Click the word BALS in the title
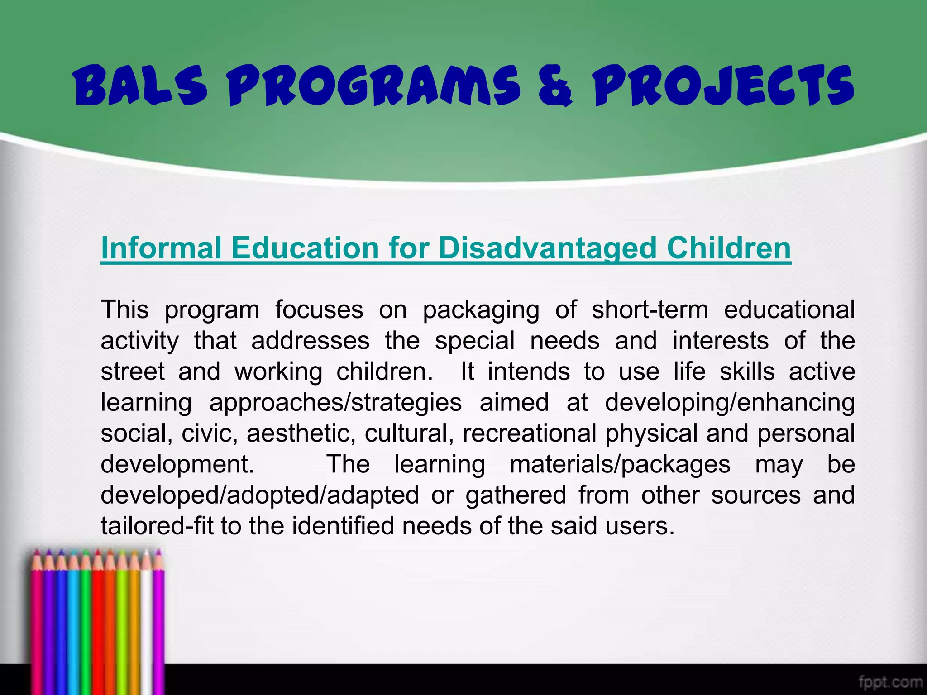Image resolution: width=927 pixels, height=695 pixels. (x=140, y=86)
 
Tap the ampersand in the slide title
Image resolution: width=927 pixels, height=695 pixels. (x=555, y=86)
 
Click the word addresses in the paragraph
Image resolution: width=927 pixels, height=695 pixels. (x=311, y=340)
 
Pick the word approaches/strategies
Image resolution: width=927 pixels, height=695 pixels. (x=335, y=403)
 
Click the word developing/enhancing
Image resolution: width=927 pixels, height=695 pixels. (x=730, y=403)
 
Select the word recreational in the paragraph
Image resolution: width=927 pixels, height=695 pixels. (x=529, y=433)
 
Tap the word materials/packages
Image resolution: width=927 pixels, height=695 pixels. (x=620, y=464)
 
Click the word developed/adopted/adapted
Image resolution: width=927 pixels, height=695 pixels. (x=259, y=495)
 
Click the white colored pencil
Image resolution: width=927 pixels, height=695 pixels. (x=146, y=624)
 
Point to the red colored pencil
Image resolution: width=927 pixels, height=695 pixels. (x=98, y=624)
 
